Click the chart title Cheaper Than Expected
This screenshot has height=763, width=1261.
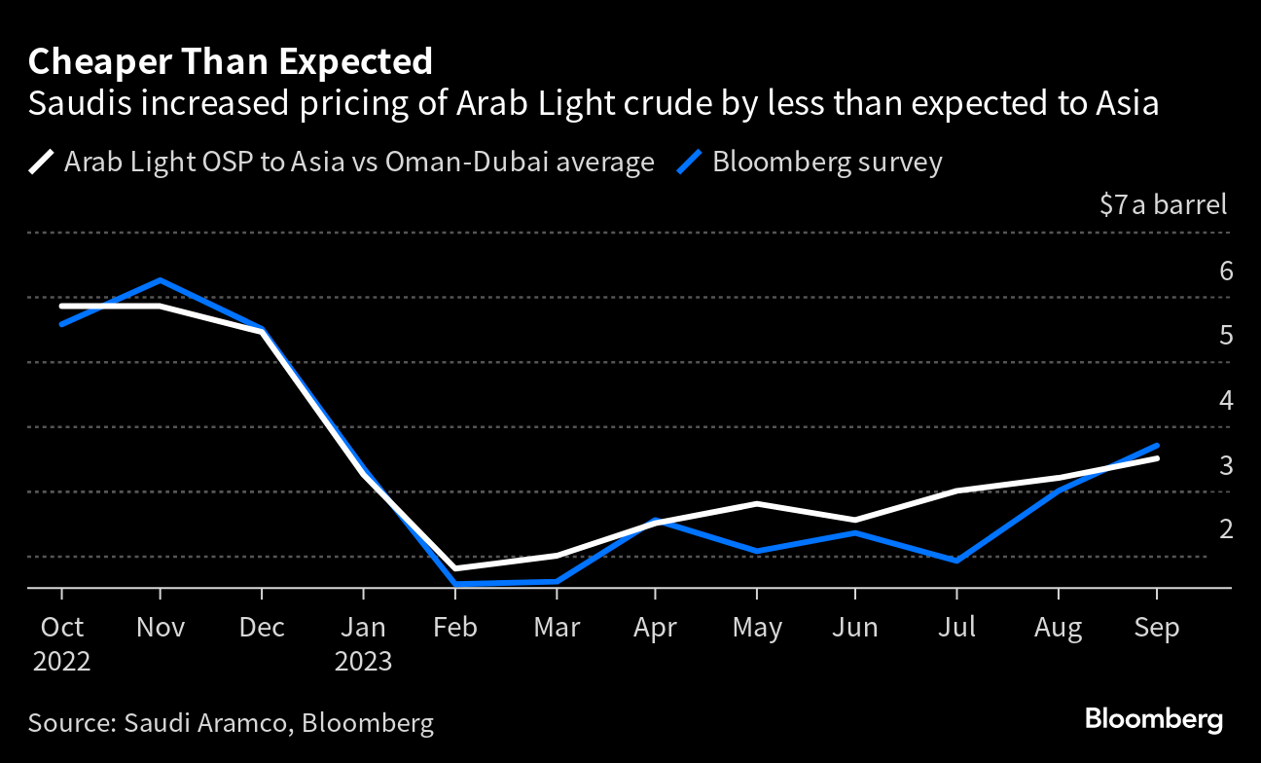click(x=231, y=62)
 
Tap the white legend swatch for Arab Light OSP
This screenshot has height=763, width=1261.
click(x=42, y=162)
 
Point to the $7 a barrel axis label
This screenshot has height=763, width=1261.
click(x=1163, y=205)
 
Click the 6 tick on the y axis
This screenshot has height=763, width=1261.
click(x=1226, y=271)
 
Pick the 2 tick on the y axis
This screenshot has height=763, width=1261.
click(x=1226, y=528)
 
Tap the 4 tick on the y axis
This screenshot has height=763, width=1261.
click(x=1226, y=400)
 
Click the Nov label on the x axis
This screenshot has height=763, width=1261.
click(x=160, y=627)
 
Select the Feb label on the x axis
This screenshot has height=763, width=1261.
click(x=454, y=627)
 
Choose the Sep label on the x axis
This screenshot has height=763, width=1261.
click(x=1156, y=627)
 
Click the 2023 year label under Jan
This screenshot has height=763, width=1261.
click(x=363, y=662)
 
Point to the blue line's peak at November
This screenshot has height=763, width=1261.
click(x=160, y=280)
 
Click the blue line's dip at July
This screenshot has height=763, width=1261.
click(x=957, y=561)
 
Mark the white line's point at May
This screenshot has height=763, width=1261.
click(x=757, y=503)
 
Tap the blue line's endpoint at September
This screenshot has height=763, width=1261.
click(x=1156, y=445)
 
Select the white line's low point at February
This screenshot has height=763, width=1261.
click(x=454, y=568)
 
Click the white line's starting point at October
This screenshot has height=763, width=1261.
click(x=61, y=306)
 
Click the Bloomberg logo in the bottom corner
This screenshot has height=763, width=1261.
click(x=1153, y=720)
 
